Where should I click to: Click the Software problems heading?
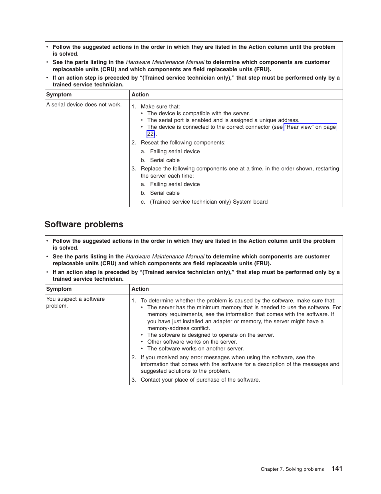coord(84,224)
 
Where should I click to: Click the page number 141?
coord(337,468)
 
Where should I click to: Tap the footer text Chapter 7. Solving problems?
coord(292,469)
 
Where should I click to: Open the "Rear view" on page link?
coord(310,127)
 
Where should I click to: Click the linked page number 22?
coord(150,134)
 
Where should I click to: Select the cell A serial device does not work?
coord(84,105)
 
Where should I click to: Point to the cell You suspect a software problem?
coord(75,302)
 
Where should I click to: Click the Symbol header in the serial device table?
coord(59,95)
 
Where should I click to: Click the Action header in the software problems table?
coord(140,289)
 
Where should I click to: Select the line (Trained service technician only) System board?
coord(208,202)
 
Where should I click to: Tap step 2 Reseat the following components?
coord(183,143)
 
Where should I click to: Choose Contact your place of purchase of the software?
coord(200,380)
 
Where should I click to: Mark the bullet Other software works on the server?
coord(192,342)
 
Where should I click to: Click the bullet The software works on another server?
coord(195,349)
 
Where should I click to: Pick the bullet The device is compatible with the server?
coord(198,114)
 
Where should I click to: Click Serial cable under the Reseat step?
coord(165,160)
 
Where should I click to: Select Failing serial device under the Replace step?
coord(175,184)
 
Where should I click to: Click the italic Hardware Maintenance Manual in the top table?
coord(165,62)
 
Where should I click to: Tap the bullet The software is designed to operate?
coord(210,335)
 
